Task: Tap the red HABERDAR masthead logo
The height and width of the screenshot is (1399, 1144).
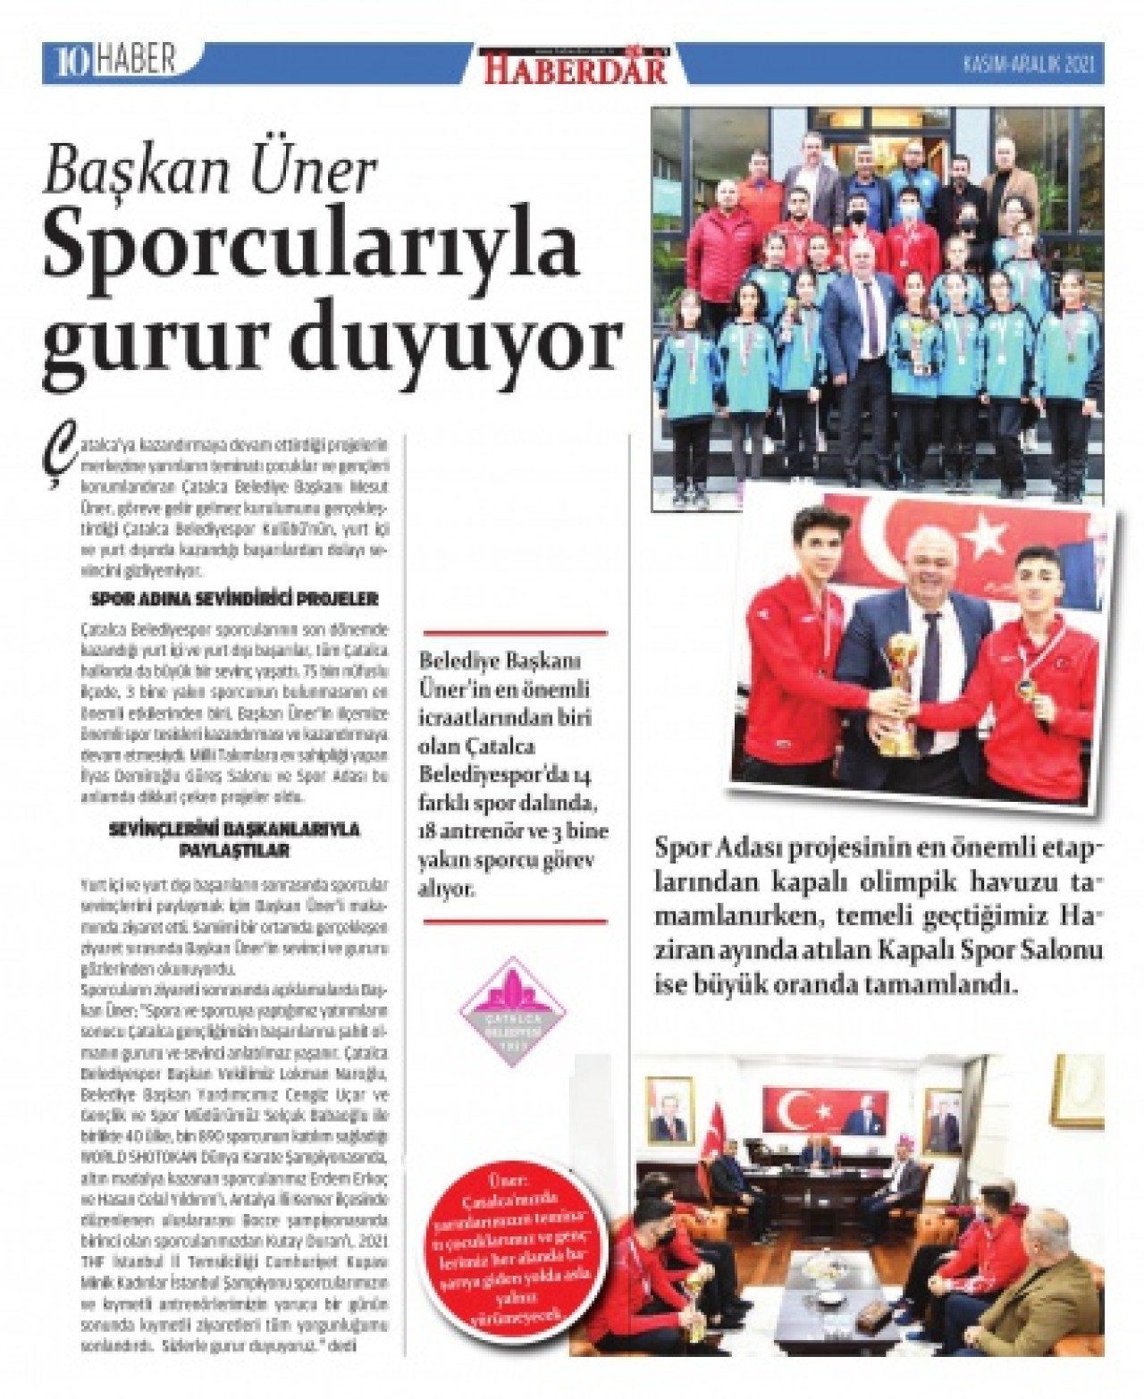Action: pyautogui.click(x=576, y=66)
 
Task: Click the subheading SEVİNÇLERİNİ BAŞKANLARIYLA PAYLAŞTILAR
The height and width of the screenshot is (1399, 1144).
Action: pyautogui.click(x=234, y=839)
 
